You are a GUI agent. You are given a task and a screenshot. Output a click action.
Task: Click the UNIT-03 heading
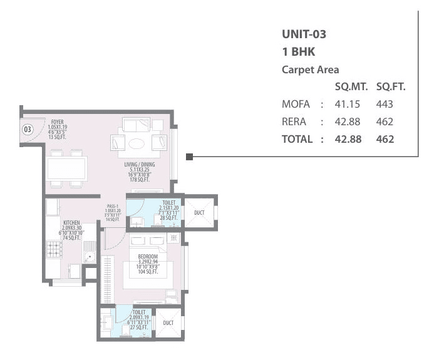[x=304, y=34]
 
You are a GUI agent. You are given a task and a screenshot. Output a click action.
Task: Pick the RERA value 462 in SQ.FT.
[x=385, y=121]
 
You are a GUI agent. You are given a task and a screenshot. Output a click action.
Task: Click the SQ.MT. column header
[x=350, y=87]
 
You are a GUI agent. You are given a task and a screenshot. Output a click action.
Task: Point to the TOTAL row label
[x=297, y=139]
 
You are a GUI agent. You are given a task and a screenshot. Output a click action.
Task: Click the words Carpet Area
[x=311, y=70]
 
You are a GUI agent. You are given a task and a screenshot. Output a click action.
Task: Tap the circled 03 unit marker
[x=28, y=130]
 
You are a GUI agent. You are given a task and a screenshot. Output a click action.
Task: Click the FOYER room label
[x=57, y=121]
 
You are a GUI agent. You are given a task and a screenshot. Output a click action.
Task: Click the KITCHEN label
[x=70, y=222]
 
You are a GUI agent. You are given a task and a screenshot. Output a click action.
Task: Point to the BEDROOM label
[x=148, y=257]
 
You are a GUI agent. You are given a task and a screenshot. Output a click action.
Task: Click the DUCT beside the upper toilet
[x=199, y=212]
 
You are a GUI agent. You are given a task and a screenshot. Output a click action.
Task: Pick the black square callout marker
[x=190, y=156]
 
